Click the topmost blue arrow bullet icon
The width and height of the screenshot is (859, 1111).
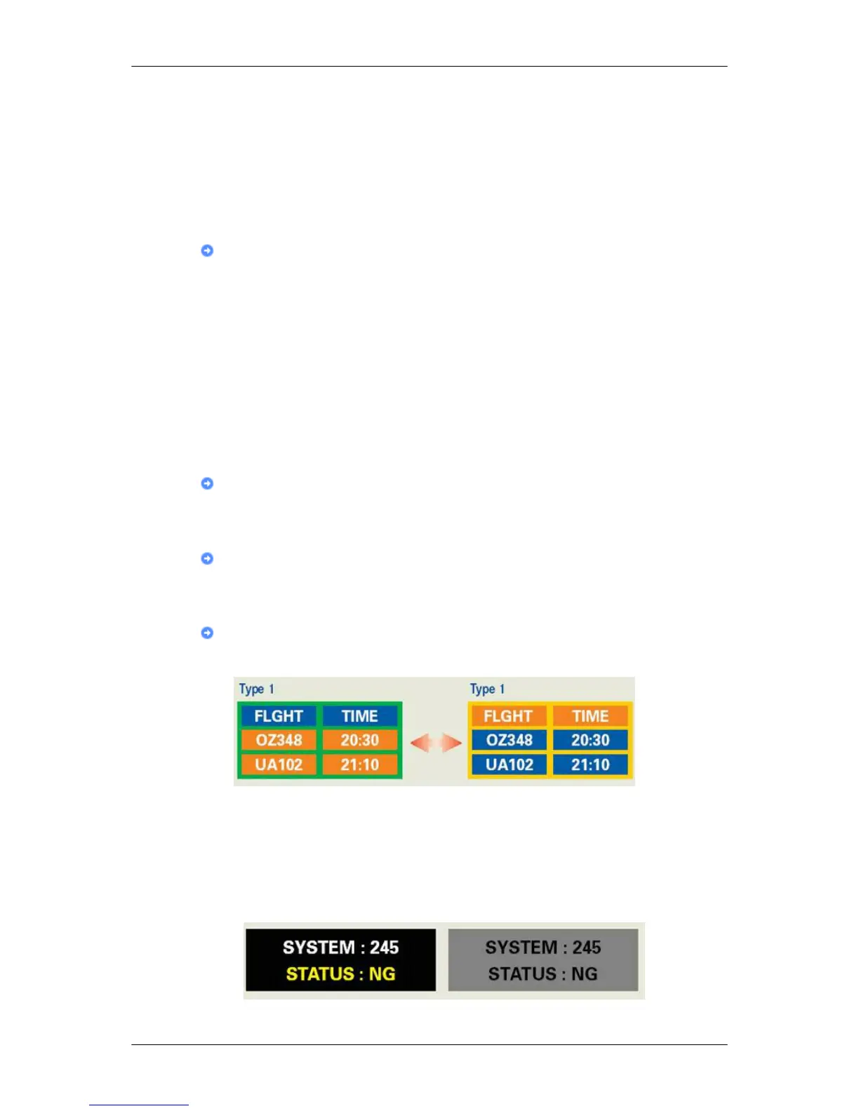(207, 250)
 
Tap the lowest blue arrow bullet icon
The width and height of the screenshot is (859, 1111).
(207, 633)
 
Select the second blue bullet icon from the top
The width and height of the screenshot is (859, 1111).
(207, 483)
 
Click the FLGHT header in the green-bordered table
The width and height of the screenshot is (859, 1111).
(279, 716)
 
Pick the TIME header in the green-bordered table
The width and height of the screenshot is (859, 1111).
(360, 716)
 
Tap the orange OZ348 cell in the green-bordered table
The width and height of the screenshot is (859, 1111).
(279, 740)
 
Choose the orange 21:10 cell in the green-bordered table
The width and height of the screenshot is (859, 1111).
(360, 765)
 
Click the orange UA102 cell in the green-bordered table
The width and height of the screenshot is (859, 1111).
(279, 765)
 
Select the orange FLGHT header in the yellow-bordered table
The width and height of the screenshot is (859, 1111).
(508, 716)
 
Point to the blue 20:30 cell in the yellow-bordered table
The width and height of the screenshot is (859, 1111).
(590, 740)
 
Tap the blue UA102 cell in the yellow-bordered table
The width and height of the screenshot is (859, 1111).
(510, 765)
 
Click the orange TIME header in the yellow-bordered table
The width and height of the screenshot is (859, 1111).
(590, 716)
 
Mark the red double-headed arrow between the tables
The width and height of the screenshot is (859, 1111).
(436, 742)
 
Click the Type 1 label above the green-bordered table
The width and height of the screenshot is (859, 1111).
(257, 689)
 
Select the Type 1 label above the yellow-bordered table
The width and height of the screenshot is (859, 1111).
(488, 689)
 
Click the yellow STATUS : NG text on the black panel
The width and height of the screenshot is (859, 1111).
(340, 974)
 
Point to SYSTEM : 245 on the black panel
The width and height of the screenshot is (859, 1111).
(340, 948)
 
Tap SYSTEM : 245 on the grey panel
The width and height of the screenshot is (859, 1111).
(543, 948)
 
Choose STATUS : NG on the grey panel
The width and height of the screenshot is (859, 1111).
(543, 974)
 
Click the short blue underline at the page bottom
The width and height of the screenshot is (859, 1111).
(139, 1105)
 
